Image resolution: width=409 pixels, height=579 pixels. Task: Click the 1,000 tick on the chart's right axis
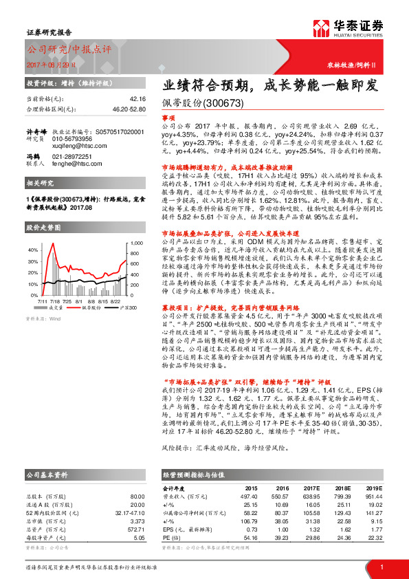[135, 243]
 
